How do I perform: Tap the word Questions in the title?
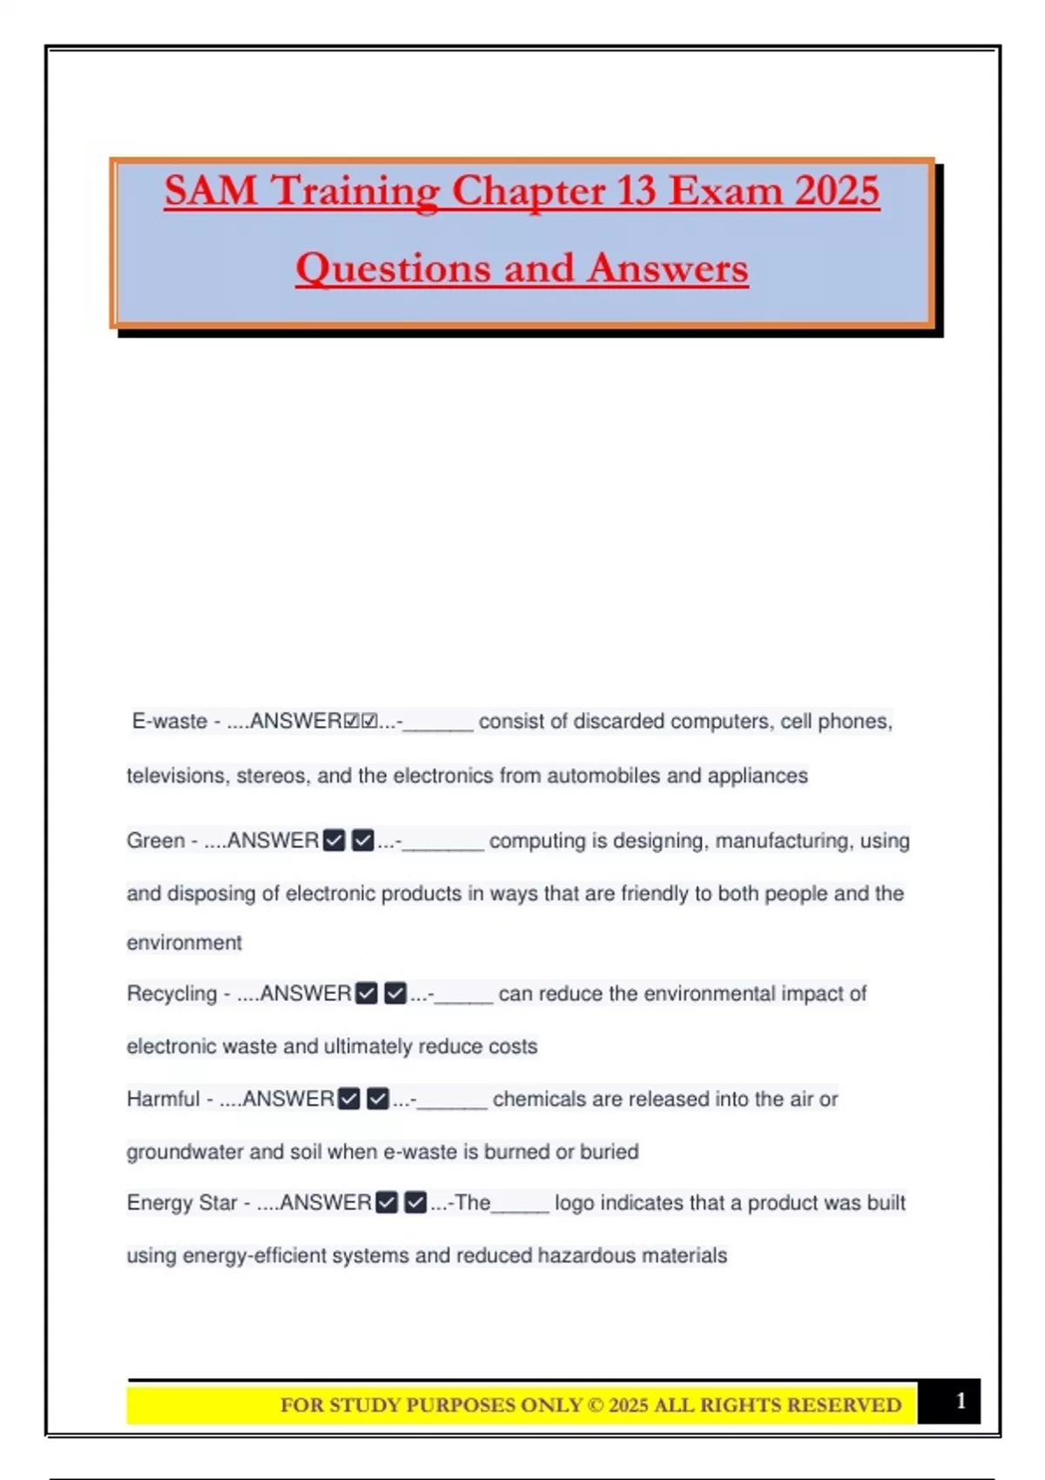point(393,268)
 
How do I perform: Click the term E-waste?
point(169,722)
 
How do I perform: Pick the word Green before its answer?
point(156,841)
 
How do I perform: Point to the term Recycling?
point(172,994)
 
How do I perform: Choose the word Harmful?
point(163,1100)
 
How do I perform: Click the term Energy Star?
point(181,1203)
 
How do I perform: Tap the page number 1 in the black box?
point(961,1401)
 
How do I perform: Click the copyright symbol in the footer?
point(596,1405)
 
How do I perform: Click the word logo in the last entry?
point(574,1203)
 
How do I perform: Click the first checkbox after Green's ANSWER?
point(334,841)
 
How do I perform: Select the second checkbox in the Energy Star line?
point(415,1203)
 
